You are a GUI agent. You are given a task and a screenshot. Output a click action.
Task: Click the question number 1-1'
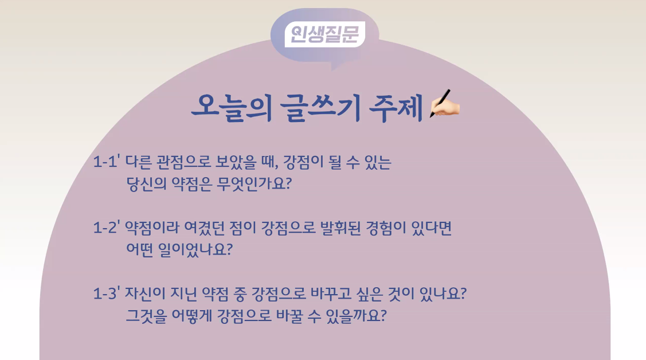click(x=107, y=162)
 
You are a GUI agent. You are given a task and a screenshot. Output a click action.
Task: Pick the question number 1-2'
click(x=107, y=228)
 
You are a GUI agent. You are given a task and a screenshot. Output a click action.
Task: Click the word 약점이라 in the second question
click(x=146, y=228)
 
